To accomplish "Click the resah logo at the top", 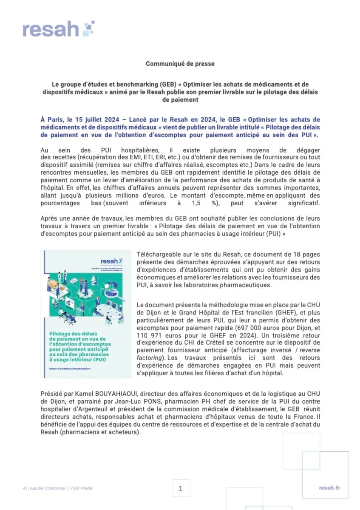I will click(58, 29).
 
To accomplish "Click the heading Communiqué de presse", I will click(180, 64).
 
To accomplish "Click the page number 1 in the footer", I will click(180, 488).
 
